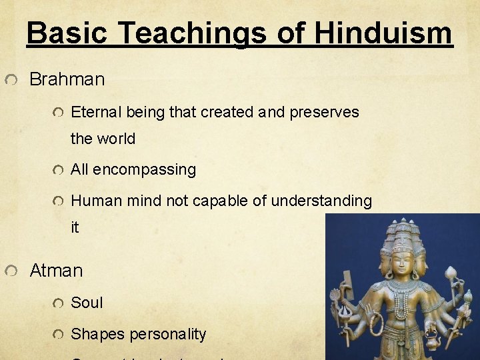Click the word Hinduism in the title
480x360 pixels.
click(x=383, y=32)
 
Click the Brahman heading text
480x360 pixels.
click(x=67, y=79)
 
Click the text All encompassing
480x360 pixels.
click(x=133, y=169)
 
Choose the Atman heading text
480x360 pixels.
click(x=56, y=271)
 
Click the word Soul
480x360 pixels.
click(x=87, y=302)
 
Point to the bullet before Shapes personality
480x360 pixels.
click(x=59, y=334)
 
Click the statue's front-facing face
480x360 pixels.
click(x=403, y=262)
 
